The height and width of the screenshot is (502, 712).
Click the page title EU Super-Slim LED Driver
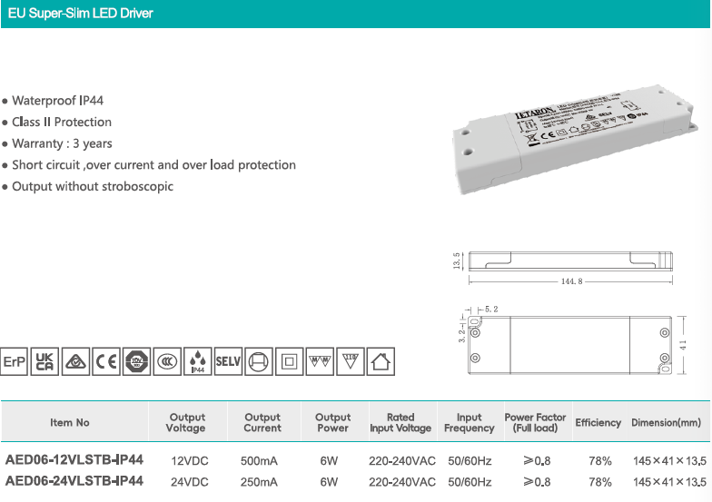tap(80, 14)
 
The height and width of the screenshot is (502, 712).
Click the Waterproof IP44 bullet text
tap(64, 101)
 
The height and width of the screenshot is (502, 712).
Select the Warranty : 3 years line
tap(62, 143)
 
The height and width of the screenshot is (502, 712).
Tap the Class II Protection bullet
tap(62, 122)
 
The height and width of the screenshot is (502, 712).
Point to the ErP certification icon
tap(14, 361)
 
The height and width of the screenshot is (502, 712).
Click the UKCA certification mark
tap(44, 361)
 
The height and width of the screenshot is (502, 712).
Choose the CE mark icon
tap(106, 361)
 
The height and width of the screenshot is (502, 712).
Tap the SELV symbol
tap(228, 361)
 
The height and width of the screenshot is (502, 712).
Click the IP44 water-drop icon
tap(198, 361)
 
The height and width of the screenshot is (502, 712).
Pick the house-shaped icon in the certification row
tap(381, 361)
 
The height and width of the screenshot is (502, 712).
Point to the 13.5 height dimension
tap(458, 261)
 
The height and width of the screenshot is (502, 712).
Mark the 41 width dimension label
tap(683, 344)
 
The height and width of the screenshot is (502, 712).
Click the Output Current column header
tap(262, 423)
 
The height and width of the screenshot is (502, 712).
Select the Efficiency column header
tap(598, 423)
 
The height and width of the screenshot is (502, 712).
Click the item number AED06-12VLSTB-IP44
tap(74, 459)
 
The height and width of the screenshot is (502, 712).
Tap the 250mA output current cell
tap(259, 482)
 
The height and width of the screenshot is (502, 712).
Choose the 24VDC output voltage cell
tap(190, 482)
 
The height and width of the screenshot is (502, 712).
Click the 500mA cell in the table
tap(259, 460)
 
